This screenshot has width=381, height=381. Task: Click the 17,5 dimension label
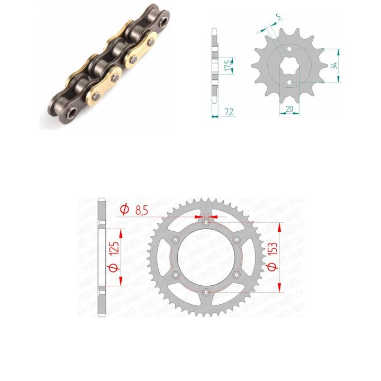pos(228,66)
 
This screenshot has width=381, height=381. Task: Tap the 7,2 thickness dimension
pos(229,112)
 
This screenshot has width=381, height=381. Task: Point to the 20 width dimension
pos(289,109)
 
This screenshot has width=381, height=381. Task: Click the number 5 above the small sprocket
pos(278,17)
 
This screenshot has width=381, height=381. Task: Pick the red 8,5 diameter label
pos(141,211)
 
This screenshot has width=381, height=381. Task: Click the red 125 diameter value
pos(114,248)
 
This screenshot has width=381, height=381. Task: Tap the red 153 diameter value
pos(273,249)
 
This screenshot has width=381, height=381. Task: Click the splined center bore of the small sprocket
pos(289,66)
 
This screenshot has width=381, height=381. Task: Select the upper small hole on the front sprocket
pos(289,49)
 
